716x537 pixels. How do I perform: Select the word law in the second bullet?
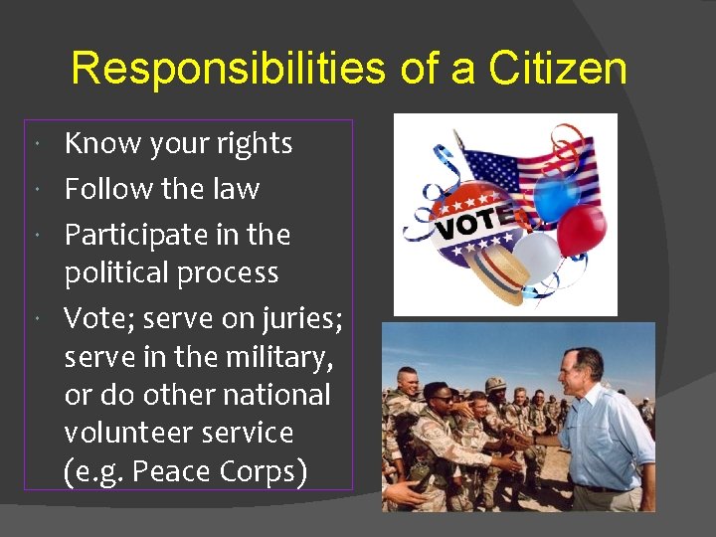click(241, 189)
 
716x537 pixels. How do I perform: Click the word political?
click(120, 272)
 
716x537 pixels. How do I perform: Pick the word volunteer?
click(122, 433)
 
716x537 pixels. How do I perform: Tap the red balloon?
click(581, 230)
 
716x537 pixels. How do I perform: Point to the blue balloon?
click(556, 196)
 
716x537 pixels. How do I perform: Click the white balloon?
click(536, 258)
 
